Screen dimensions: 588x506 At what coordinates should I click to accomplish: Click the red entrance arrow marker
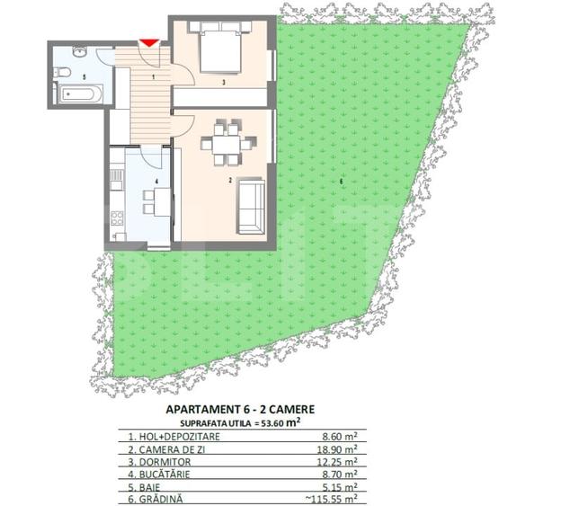[149, 43]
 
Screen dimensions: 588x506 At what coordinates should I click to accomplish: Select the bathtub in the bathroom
[80, 94]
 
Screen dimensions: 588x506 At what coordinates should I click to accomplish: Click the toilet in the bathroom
[62, 72]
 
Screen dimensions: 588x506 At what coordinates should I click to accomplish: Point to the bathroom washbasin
[79, 51]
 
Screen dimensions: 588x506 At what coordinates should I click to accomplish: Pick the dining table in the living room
[226, 145]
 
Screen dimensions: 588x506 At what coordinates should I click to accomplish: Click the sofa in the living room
[251, 206]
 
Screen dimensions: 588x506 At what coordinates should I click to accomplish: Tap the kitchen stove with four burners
[117, 217]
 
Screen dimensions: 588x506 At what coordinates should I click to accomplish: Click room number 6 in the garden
[341, 182]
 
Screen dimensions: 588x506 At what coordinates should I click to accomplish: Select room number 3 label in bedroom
[224, 82]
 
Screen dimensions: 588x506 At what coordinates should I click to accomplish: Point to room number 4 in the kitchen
[156, 182]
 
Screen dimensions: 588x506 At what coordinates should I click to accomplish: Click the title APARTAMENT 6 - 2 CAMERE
[240, 409]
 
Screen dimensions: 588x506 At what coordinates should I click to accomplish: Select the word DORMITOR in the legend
[165, 462]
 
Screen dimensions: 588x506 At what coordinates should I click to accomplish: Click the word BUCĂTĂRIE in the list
[165, 475]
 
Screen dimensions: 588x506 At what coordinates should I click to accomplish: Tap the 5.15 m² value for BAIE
[340, 487]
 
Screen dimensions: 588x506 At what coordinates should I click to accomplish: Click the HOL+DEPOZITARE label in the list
[179, 436]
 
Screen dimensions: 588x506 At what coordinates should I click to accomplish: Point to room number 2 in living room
[230, 181]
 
